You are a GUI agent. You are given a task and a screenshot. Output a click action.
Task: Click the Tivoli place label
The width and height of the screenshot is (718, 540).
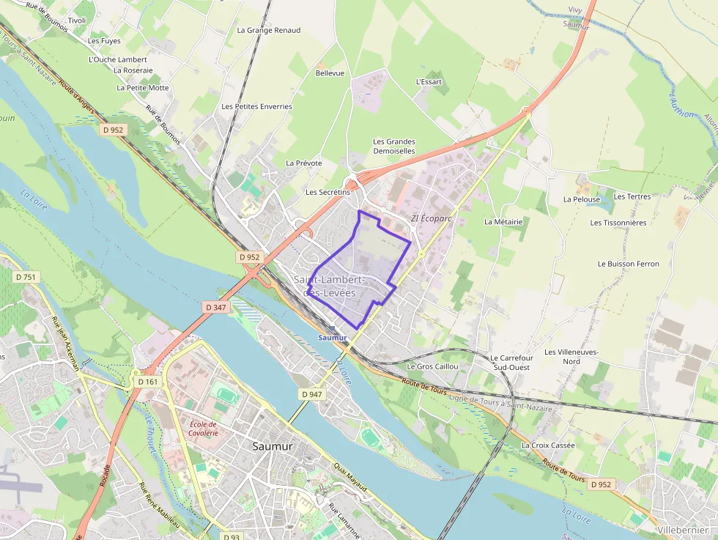coord(76,21)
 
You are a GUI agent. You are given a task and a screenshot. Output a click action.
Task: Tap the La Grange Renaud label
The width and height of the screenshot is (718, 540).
coord(269,31)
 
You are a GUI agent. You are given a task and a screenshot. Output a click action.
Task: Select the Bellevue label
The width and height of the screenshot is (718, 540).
coord(330,73)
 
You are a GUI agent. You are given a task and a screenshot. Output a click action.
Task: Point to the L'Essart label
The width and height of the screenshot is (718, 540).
coord(429,82)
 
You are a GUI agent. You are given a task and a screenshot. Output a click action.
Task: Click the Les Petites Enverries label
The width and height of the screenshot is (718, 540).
coord(256,107)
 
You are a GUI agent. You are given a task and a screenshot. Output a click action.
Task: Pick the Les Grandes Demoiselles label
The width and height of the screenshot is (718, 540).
coord(394,147)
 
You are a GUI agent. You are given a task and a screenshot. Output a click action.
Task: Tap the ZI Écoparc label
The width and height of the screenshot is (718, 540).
coord(432,218)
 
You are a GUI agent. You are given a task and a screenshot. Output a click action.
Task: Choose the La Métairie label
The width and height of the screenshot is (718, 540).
coord(503,221)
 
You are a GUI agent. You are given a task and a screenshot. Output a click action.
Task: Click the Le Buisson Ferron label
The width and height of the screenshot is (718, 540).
coord(628,264)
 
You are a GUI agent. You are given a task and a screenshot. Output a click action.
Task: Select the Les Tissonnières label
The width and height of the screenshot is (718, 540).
coord(618,223)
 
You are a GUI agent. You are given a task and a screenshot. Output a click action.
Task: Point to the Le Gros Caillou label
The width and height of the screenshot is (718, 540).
coord(432,366)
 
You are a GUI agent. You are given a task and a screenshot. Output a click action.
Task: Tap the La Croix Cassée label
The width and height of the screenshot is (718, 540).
coord(548,445)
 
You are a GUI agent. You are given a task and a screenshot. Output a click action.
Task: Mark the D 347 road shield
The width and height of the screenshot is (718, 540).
coord(216,308)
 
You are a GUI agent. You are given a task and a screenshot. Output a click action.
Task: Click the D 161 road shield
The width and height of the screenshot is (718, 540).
coord(147,382)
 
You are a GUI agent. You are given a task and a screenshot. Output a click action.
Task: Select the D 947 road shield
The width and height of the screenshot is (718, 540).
coord(312,394)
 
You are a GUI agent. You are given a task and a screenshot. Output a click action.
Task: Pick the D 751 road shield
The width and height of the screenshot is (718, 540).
coord(27,277)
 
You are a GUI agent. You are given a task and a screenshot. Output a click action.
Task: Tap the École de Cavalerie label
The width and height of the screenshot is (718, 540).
coord(204,429)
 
